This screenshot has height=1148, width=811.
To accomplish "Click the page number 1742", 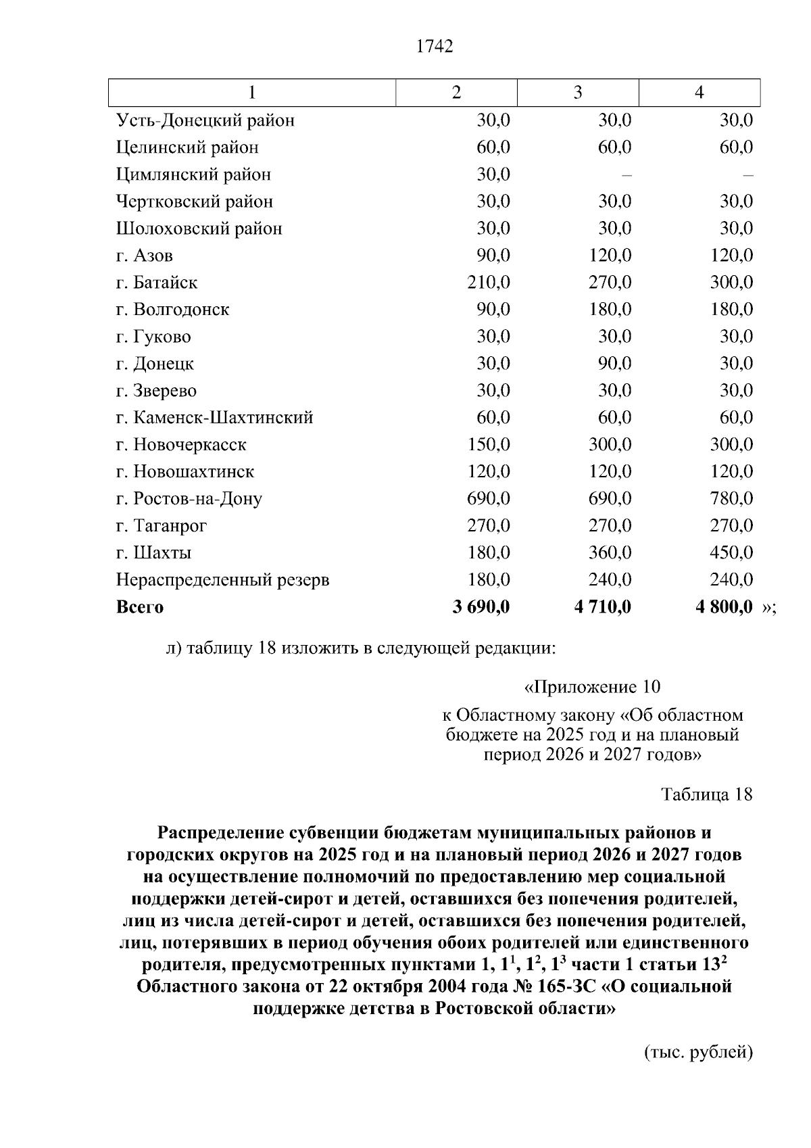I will point(435,47).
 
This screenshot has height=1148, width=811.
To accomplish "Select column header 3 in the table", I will point(578,93).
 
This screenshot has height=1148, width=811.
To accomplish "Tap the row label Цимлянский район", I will point(193,174).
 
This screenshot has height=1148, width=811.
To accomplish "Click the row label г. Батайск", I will point(157,283).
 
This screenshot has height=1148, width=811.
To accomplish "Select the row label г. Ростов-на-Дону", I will point(189,499).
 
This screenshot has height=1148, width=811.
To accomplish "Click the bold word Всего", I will point(140,607).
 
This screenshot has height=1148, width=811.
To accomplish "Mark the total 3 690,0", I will point(481,607).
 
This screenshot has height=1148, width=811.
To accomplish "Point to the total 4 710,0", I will point(602,607).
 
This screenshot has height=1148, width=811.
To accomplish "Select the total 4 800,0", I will point(724,607).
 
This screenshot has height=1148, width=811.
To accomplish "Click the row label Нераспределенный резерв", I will point(223,580).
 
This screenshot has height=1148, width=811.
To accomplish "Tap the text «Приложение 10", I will point(592,688).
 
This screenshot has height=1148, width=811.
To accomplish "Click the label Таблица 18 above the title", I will point(706,794).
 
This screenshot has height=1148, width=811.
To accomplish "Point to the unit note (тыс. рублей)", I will point(698,1052).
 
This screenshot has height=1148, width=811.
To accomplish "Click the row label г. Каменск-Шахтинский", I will point(214,418).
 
